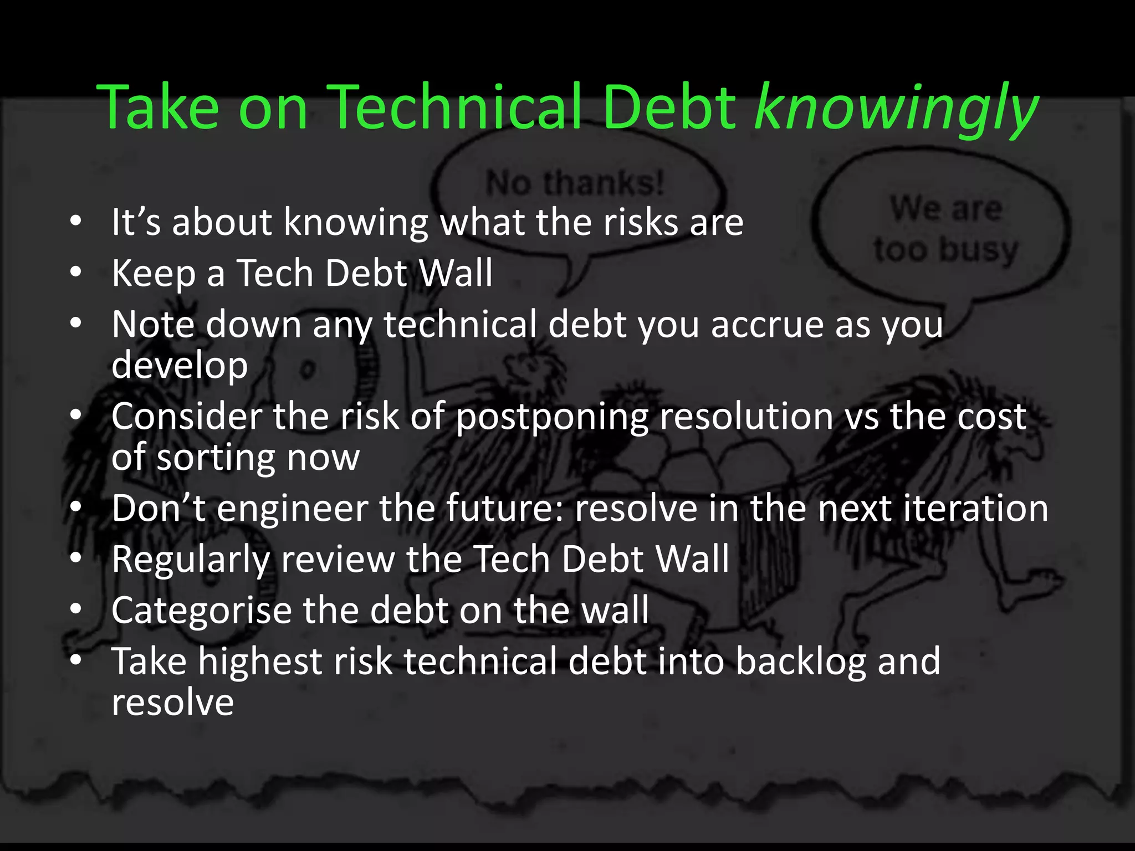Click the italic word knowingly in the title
pyautogui.click(x=896, y=108)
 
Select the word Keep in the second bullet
pyautogui.click(x=154, y=273)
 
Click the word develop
pyautogui.click(x=180, y=366)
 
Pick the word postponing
pyautogui.click(x=551, y=417)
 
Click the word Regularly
pyautogui.click(x=190, y=560)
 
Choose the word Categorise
pyautogui.click(x=201, y=611)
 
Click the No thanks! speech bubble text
pyautogui.click(x=575, y=183)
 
